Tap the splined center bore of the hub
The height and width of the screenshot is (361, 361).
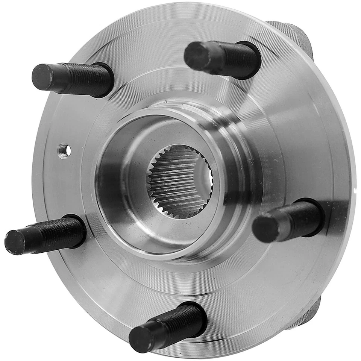coord(180,181)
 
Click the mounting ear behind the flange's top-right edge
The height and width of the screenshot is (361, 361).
coord(297,38)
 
